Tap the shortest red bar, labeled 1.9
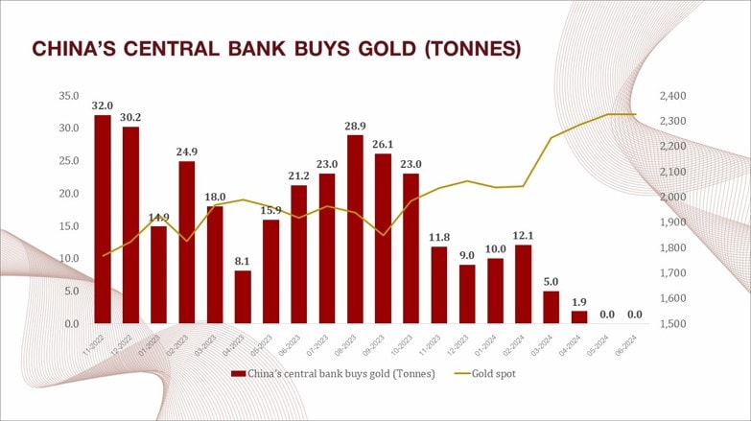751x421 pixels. coord(579,317)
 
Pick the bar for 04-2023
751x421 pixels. coord(243,297)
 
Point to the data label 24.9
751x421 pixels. coord(186,152)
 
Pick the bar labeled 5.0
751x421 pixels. coord(552,307)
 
